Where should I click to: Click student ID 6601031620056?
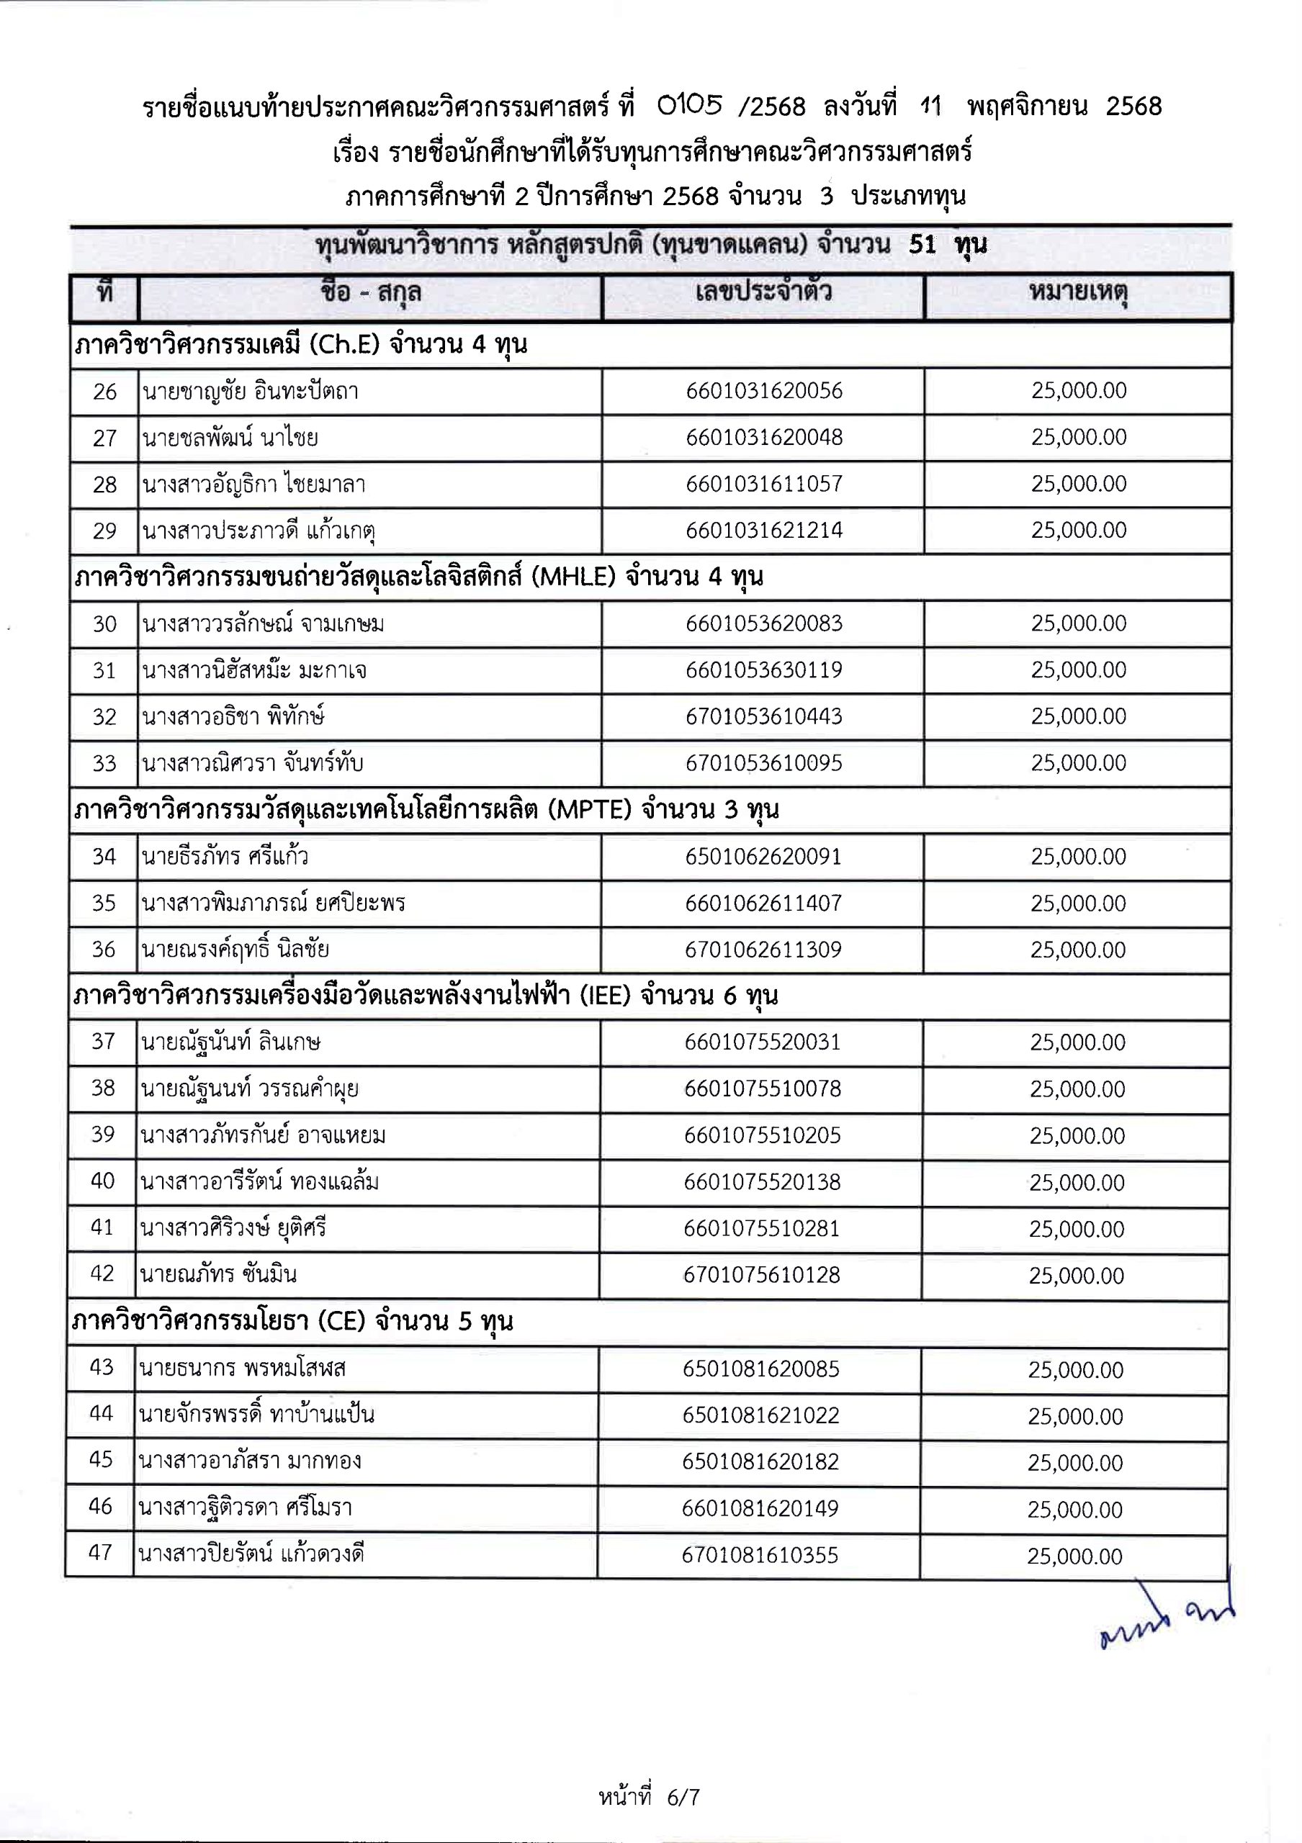(x=763, y=391)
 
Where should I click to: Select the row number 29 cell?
(x=104, y=531)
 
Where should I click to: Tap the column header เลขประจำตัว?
(x=763, y=292)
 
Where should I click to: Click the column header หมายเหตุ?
(x=1078, y=292)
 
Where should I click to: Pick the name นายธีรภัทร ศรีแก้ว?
(x=225, y=857)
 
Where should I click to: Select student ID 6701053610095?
(x=763, y=763)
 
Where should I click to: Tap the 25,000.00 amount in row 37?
(x=1077, y=1042)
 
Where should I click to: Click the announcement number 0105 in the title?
(x=690, y=105)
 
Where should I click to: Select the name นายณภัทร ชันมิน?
(x=218, y=1275)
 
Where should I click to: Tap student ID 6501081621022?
(x=760, y=1415)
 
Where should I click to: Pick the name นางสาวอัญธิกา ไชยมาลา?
(x=253, y=485)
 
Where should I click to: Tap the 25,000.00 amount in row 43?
(x=1076, y=1369)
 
